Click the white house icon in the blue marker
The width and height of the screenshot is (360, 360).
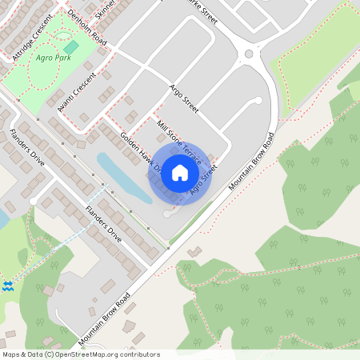pos(180,172)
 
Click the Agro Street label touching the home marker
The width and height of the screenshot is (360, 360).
pos(204,178)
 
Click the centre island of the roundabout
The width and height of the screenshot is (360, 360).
pos(249,54)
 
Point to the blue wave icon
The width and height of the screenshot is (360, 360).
pos(7,286)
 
